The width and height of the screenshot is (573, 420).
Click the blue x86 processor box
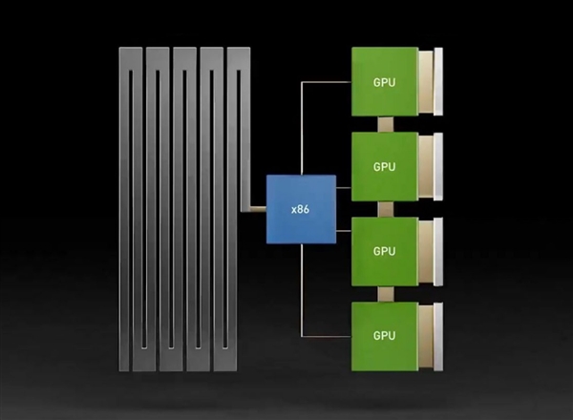(301, 209)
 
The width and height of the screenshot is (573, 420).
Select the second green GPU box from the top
(384, 166)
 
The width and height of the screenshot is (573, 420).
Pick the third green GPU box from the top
(384, 251)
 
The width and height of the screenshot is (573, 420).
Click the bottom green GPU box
(384, 335)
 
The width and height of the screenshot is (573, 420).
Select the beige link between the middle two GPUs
(385, 208)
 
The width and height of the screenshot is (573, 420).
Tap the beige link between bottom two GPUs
(385, 293)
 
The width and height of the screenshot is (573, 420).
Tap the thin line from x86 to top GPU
(303, 124)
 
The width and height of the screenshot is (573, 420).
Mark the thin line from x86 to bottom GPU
(303, 296)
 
